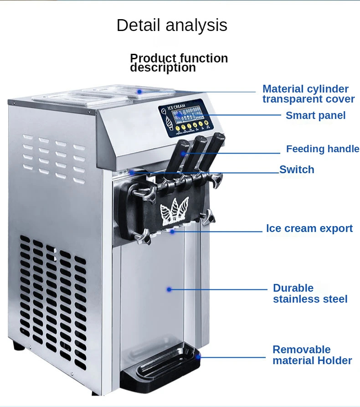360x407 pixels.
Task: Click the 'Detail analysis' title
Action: (172, 25)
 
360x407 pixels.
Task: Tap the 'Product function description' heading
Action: (179, 63)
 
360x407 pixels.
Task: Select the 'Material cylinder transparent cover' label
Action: (308, 94)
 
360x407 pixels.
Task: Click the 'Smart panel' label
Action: (315, 116)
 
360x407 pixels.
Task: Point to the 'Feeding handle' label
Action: (322, 149)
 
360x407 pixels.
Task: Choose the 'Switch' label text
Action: (297, 170)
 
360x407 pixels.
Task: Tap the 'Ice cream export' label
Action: (309, 228)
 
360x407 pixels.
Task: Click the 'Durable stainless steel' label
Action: (310, 294)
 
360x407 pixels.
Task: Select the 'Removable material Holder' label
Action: (312, 355)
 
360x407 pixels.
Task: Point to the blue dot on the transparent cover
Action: (140, 91)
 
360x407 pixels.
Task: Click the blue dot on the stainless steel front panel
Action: (169, 289)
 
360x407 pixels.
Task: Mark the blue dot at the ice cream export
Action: (173, 232)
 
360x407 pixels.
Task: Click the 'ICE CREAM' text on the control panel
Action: (176, 107)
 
